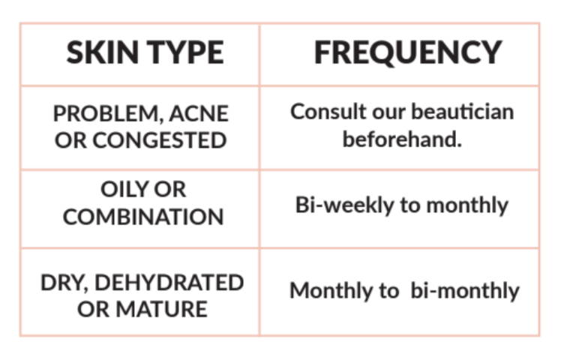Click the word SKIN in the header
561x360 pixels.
tap(102, 52)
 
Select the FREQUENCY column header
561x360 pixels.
tap(408, 52)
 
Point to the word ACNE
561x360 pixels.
tap(199, 113)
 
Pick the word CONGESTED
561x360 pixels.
tap(159, 140)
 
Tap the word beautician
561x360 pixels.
tap(463, 112)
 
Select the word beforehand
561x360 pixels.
tap(402, 139)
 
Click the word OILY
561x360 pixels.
tap(124, 189)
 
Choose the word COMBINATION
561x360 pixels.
tap(143, 217)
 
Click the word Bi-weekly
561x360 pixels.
tap(344, 205)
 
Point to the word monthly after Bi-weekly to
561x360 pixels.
tap(467, 205)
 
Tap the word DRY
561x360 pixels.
tap(64, 283)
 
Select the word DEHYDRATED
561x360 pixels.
tap(169, 283)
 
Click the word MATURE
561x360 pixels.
tap(161, 309)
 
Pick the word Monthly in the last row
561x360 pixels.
tap(331, 290)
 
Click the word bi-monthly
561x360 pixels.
tap(465, 290)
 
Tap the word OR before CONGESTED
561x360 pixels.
tap(70, 140)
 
